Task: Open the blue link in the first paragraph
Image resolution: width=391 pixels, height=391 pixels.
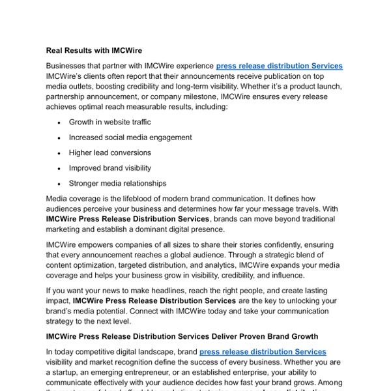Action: pos(279,66)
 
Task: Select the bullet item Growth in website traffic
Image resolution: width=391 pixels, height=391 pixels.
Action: pos(109,122)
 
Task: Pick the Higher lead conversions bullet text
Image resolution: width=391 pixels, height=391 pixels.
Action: pos(109,152)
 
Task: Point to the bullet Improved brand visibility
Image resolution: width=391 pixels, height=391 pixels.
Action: pos(109,168)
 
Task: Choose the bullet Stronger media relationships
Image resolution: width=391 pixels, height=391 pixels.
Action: pos(117,183)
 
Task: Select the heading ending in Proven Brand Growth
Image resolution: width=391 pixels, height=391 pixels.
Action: pos(182,336)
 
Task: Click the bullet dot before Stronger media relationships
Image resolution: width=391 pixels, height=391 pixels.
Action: pos(59,184)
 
